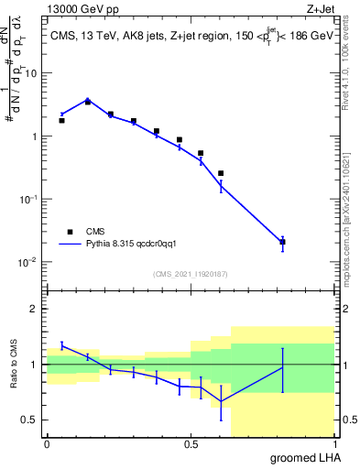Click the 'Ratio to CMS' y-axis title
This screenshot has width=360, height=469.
16,365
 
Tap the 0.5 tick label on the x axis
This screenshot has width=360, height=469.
191,443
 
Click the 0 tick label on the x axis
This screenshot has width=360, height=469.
47,443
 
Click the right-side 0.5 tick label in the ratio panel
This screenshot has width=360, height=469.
349,420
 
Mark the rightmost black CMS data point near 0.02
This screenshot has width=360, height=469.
283,242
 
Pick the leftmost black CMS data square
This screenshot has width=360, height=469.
61,120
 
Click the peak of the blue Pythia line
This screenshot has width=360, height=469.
87,100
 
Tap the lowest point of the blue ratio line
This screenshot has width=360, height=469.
221,401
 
